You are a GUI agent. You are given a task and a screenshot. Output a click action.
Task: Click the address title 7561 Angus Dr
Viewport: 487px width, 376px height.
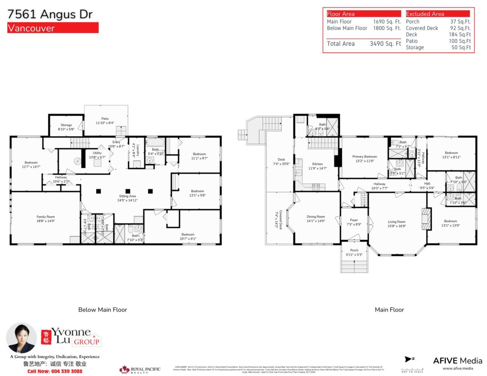(x=50, y=15)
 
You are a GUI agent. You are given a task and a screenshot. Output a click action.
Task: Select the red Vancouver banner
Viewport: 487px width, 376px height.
(x=53, y=28)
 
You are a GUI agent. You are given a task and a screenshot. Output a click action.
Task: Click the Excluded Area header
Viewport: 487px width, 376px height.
(x=425, y=14)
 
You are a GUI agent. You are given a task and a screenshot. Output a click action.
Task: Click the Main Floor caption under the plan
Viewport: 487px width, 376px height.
(x=389, y=310)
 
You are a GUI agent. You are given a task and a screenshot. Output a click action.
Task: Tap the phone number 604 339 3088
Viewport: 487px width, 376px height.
(x=55, y=371)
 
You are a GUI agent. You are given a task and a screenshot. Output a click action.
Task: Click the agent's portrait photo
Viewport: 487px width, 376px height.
(x=21, y=338)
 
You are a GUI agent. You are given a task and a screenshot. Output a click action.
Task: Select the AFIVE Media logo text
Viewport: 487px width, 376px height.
(x=457, y=361)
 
